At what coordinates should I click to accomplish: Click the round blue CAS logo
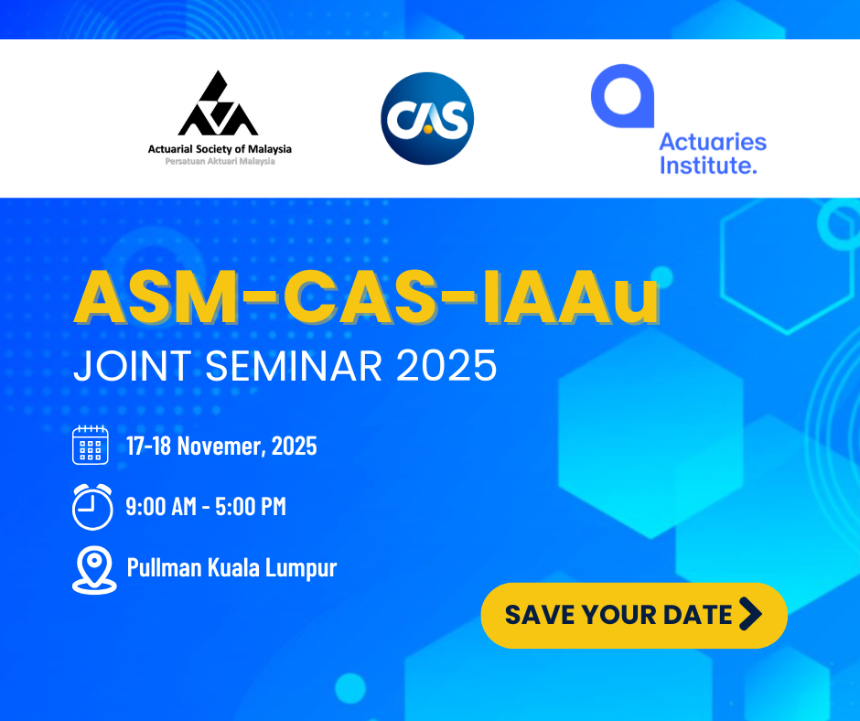(x=427, y=119)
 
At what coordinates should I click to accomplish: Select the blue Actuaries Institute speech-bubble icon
(x=622, y=96)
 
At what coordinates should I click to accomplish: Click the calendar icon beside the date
(x=91, y=445)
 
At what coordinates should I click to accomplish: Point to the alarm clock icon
(x=92, y=507)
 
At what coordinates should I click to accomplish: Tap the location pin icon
(x=94, y=569)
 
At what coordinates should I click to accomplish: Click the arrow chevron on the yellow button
(x=750, y=613)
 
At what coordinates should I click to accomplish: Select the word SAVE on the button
(x=539, y=615)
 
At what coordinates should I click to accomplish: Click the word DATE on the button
(x=698, y=615)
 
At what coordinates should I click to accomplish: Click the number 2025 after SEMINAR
(x=446, y=365)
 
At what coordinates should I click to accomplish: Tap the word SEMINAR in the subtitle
(x=294, y=365)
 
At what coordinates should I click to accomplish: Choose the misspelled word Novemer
(x=221, y=446)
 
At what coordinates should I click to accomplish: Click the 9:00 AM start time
(x=161, y=506)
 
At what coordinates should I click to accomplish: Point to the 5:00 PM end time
(x=251, y=506)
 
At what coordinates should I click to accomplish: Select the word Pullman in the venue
(x=165, y=567)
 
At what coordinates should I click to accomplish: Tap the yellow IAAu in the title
(x=570, y=296)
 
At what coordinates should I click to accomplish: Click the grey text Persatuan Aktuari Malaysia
(x=220, y=161)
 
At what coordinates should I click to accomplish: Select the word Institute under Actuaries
(x=708, y=165)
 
